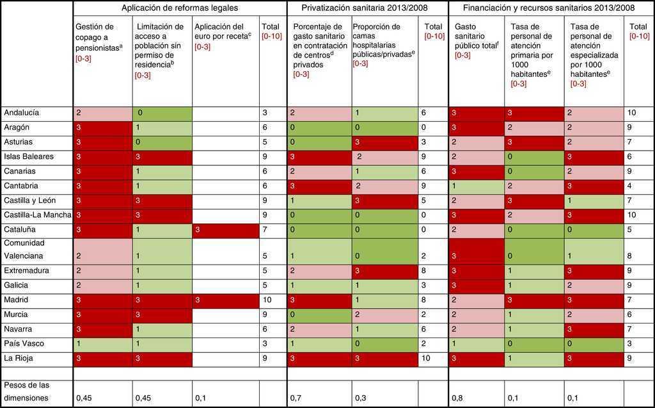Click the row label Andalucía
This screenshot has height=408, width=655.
click(22, 113)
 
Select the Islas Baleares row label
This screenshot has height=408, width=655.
click(29, 156)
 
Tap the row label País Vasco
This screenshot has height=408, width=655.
click(22, 344)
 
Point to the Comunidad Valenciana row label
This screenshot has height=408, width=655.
click(26, 250)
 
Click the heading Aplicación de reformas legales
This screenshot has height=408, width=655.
click(180, 8)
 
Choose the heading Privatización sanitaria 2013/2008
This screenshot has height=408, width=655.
click(366, 8)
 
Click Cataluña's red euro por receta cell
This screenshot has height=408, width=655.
click(225, 229)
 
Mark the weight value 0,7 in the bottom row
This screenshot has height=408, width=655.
click(296, 398)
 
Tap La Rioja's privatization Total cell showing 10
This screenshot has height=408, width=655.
click(432, 359)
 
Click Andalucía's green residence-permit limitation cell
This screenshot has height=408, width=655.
click(162, 113)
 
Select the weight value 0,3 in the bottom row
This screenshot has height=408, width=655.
click(360, 398)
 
